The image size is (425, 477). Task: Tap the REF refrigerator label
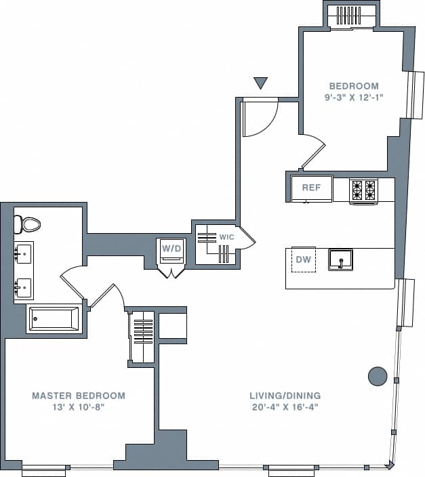[x=311, y=188]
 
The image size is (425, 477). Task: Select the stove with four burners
[x=363, y=190]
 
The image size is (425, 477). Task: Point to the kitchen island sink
[x=340, y=260]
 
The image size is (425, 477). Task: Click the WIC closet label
[x=226, y=238]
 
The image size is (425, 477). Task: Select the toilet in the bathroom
[x=29, y=223]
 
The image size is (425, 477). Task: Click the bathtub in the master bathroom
[x=53, y=318]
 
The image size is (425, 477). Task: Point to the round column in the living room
[x=377, y=375]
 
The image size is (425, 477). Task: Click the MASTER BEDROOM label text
[x=79, y=396]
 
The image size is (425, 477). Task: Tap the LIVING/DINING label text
[x=285, y=396]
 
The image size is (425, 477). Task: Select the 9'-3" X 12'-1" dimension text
[x=353, y=98]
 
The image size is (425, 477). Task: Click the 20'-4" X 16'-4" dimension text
[x=285, y=407]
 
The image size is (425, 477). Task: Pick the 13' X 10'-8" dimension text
[x=79, y=407]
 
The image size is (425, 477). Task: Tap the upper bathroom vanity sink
[x=23, y=255]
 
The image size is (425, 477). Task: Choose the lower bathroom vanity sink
[x=23, y=288]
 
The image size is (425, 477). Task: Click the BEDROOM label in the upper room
[x=353, y=86]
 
